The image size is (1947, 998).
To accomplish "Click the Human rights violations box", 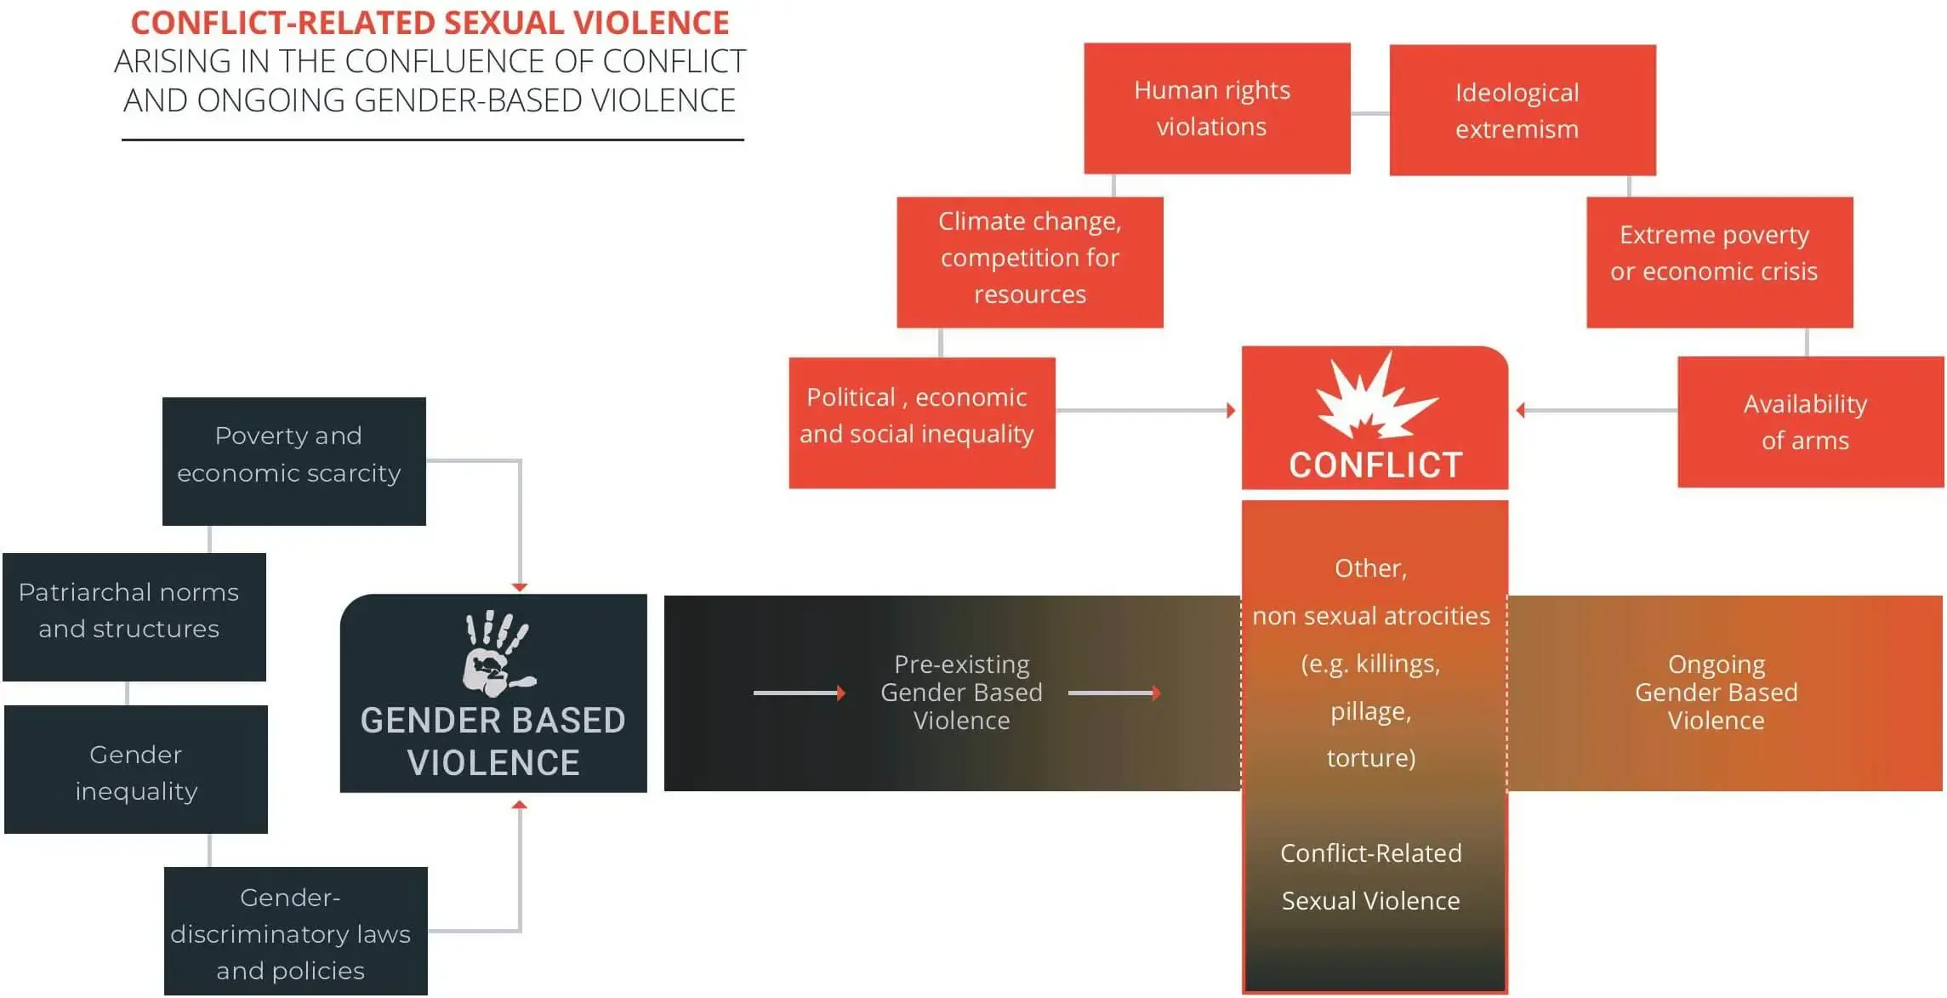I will point(1216,108).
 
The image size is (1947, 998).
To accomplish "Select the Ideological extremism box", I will point(1522,110).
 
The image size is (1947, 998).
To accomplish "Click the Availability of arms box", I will point(1809,421).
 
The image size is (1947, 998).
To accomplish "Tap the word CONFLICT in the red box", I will point(1375,465).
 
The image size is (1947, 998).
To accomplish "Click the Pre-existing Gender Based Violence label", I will point(960,692).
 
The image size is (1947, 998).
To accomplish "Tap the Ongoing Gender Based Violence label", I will point(1716,692).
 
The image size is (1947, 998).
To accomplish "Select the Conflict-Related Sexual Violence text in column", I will point(1370,876).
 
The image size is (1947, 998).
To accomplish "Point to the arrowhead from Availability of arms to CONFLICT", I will point(1522,411).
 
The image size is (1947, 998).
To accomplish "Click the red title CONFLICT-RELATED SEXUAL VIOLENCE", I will point(430,23).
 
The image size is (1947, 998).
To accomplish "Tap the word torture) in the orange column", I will point(1370,757).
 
